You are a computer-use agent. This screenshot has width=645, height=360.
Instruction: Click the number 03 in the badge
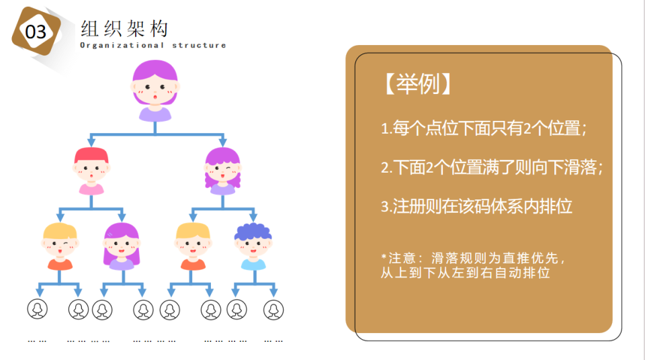point(36,32)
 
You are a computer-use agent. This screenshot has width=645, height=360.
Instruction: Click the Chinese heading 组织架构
point(124,29)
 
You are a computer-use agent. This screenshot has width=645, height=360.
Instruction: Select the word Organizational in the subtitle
point(122,45)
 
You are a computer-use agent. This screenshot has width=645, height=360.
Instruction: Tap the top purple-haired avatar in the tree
point(155,91)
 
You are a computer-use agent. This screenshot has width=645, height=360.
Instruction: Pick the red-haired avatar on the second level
point(91,171)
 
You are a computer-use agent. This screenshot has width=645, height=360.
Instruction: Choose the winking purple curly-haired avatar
point(222,171)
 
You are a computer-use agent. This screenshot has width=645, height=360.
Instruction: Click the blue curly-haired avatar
point(253,246)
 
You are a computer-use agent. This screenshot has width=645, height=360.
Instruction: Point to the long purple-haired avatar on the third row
point(122,246)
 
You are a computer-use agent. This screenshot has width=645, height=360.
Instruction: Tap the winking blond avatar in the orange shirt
point(60,246)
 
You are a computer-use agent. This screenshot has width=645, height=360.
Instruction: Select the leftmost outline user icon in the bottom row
point(38,310)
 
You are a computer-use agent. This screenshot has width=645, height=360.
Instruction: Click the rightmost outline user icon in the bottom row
point(273,310)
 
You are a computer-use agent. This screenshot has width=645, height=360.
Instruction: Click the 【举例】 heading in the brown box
point(417,84)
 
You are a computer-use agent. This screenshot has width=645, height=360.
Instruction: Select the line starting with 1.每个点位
point(484,128)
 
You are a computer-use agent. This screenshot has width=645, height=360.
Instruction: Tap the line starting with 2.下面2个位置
point(492,167)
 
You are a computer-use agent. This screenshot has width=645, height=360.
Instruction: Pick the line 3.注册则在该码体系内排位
point(476,206)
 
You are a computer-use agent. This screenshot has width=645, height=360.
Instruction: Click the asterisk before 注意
point(384,257)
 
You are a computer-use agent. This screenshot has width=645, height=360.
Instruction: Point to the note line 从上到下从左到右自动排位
point(465,273)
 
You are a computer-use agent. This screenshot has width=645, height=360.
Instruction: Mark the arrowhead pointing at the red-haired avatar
point(91,142)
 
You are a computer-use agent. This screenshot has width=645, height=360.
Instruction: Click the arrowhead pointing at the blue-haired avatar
point(253,217)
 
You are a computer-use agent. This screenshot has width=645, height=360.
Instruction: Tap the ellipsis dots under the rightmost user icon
point(273,341)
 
